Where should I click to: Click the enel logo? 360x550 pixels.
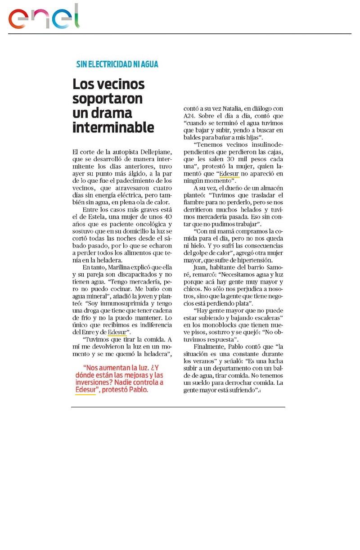pos(44,18)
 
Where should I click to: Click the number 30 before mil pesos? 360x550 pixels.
pos(239,159)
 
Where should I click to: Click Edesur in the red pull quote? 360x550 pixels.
pos(85,390)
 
